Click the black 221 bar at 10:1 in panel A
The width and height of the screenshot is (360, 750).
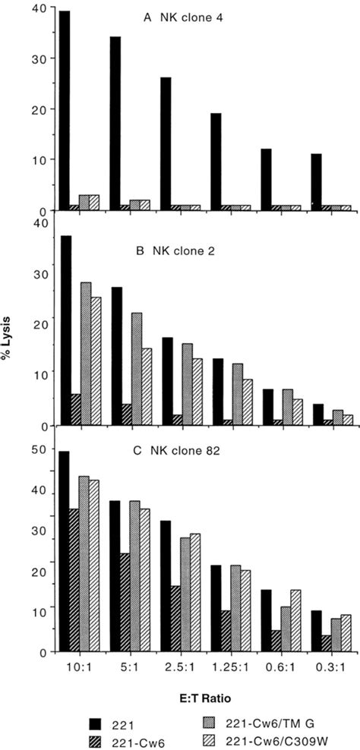[65, 110]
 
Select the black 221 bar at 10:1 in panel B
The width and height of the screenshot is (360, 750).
[65, 330]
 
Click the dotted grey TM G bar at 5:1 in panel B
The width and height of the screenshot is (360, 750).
[136, 369]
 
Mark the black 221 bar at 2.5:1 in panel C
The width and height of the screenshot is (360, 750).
[166, 586]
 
